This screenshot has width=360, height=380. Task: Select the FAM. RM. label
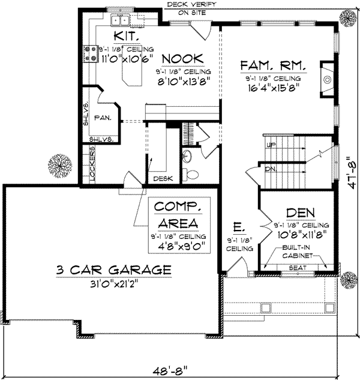273,65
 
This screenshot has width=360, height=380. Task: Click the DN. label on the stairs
271,169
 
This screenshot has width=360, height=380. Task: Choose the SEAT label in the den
293,268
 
